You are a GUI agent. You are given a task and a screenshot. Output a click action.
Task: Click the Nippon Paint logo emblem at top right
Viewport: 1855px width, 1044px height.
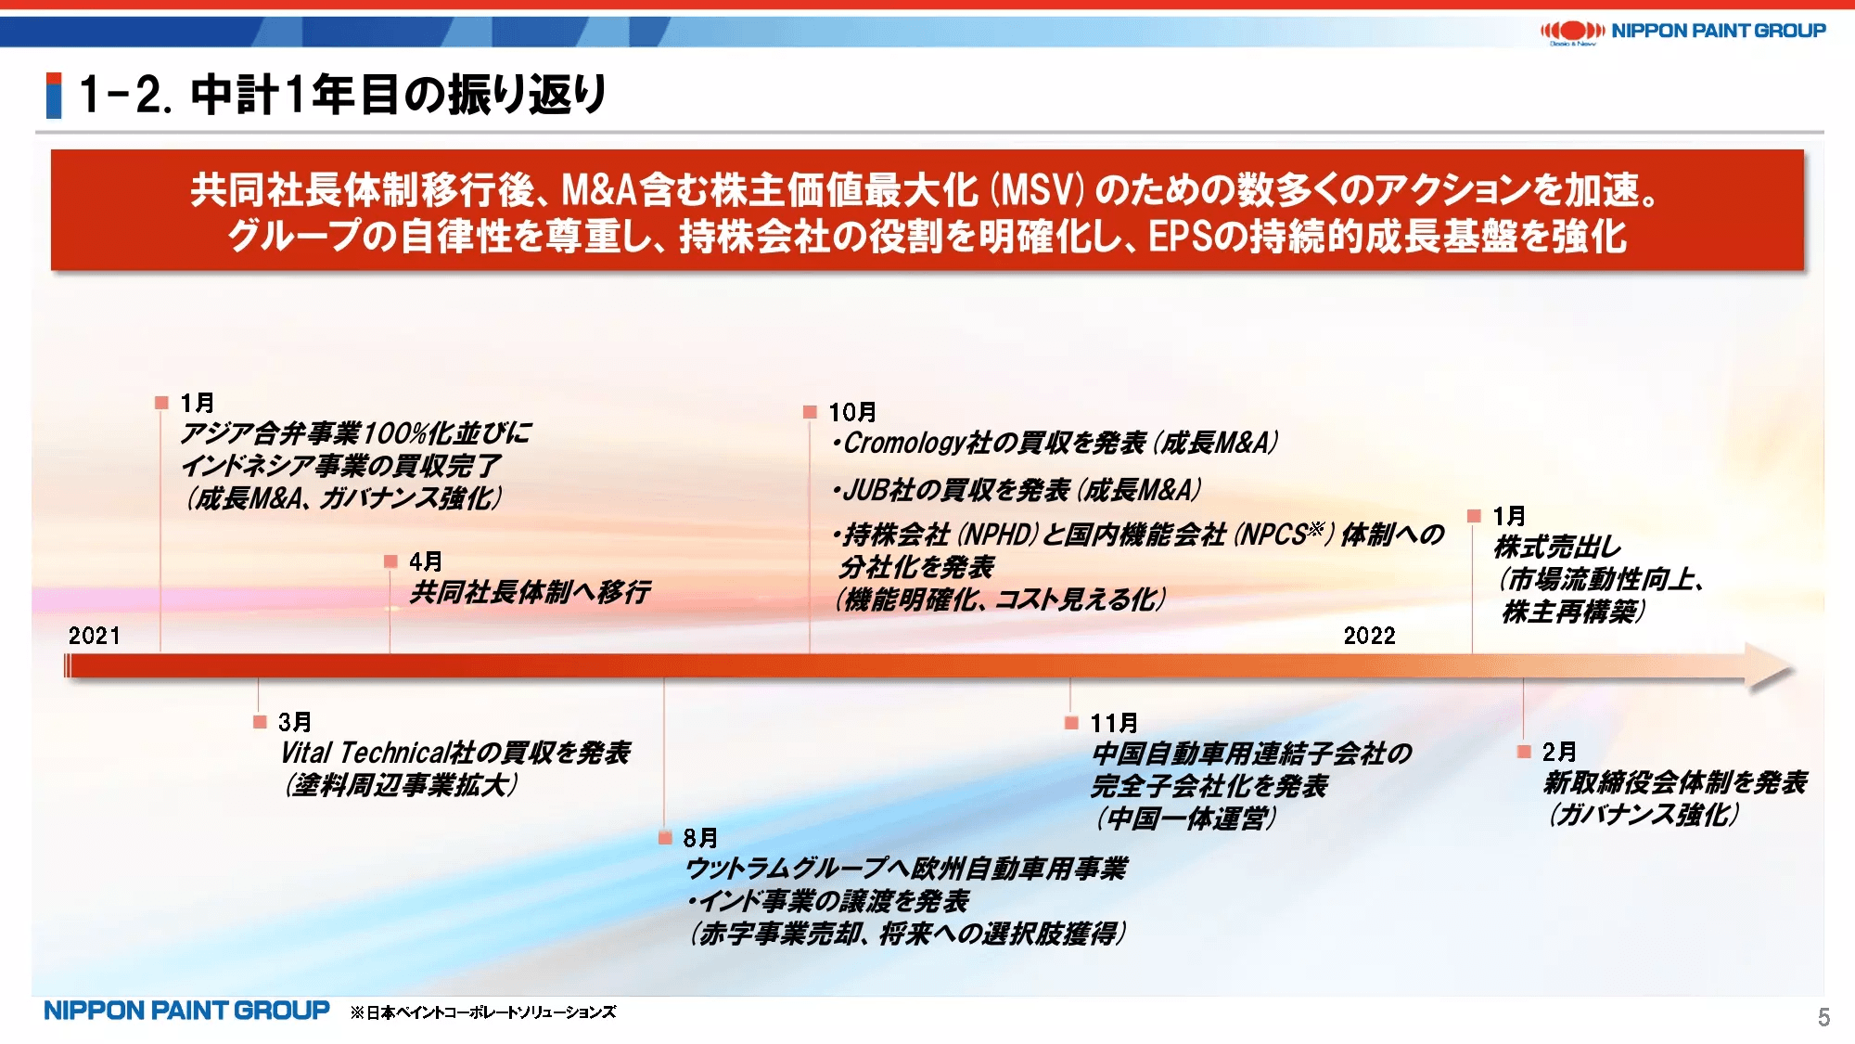[x=1572, y=32]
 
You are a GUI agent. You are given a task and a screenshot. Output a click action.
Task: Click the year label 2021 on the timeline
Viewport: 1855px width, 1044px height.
[x=95, y=636]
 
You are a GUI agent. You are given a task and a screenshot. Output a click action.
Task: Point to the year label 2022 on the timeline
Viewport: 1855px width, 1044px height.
[x=1370, y=636]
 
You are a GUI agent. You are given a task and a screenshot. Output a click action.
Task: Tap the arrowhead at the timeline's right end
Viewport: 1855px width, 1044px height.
[x=1770, y=667]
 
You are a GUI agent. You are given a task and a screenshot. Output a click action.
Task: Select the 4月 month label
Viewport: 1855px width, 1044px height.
[x=426, y=561]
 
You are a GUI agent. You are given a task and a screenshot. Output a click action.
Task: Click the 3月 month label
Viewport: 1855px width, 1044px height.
[x=295, y=722]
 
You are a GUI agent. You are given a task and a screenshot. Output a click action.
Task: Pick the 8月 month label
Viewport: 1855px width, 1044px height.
[x=700, y=838]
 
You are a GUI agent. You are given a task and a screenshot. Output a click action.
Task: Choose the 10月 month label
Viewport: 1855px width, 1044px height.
[x=852, y=412]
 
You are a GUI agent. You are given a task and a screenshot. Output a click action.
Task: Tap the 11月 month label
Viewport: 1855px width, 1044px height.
[x=1114, y=723]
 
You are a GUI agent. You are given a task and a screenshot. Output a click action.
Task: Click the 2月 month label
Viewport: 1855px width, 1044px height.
[x=1559, y=752]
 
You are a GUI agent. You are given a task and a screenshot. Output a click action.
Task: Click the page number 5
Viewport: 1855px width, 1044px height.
[x=1823, y=1018]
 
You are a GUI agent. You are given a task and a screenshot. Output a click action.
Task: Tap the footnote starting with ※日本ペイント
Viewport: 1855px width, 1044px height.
[x=483, y=1012]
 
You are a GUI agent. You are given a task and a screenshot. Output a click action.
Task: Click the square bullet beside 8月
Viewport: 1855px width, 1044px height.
[x=665, y=838]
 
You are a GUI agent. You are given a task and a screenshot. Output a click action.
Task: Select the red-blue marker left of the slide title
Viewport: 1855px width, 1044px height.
[x=54, y=96]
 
